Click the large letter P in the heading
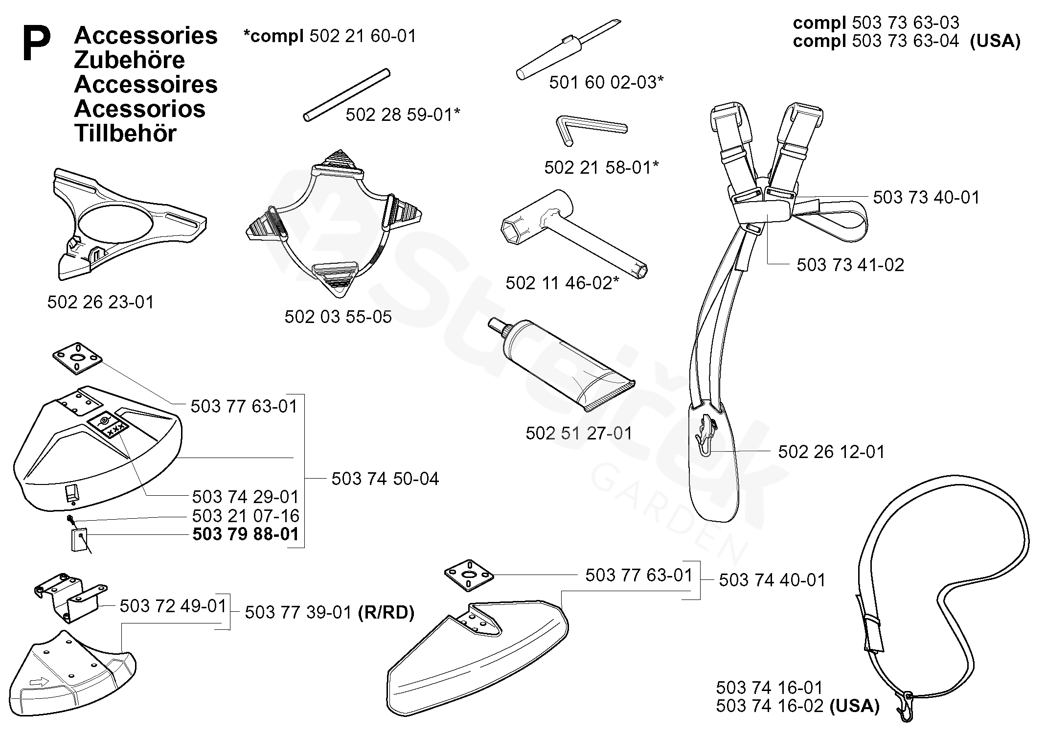[37, 44]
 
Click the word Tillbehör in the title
[125, 134]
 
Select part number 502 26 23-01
[101, 302]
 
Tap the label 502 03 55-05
[338, 317]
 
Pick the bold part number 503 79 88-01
[246, 534]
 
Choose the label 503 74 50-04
[385, 479]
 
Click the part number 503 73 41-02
[850, 265]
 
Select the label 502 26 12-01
[832, 452]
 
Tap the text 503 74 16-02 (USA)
[797, 706]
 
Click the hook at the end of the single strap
[904, 707]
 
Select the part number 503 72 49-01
[173, 606]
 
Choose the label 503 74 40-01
[772, 580]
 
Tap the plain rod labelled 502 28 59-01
[346, 95]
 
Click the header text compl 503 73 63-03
[876, 23]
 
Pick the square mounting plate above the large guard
[77, 359]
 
